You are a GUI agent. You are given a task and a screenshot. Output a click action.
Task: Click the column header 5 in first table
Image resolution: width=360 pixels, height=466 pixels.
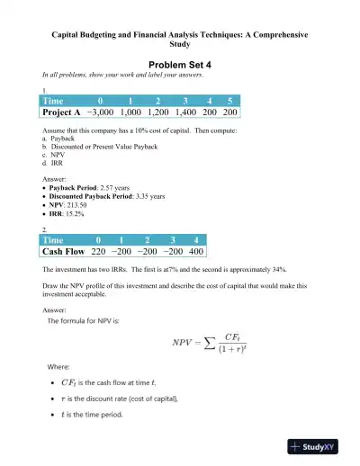tap(229, 101)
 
